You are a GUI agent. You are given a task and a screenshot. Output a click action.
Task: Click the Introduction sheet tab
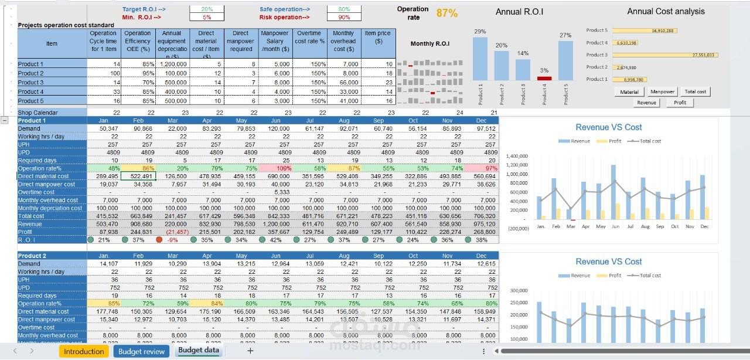[84, 351]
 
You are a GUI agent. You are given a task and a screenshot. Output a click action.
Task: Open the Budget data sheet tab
[199, 351]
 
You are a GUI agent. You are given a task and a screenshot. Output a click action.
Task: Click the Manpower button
[662, 91]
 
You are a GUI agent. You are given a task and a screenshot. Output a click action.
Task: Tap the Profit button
[680, 103]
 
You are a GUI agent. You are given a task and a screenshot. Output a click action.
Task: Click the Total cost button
[696, 91]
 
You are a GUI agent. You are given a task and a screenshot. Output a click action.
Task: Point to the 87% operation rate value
[447, 13]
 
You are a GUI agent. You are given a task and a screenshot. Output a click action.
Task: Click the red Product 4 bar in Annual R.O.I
[544, 78]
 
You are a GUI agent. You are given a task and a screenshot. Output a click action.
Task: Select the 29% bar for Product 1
[480, 59]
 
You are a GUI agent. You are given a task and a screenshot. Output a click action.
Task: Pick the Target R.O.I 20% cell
[207, 9]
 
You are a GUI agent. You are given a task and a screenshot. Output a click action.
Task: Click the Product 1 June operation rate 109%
[284, 168]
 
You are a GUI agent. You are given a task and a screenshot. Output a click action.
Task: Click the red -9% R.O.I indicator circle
[159, 239]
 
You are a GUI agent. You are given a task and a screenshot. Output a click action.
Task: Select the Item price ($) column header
[378, 41]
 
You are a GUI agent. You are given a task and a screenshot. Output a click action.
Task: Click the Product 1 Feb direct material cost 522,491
[141, 176]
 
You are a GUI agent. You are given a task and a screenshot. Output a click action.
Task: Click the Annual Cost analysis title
[666, 12]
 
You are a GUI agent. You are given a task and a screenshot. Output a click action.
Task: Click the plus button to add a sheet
[250, 351]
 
